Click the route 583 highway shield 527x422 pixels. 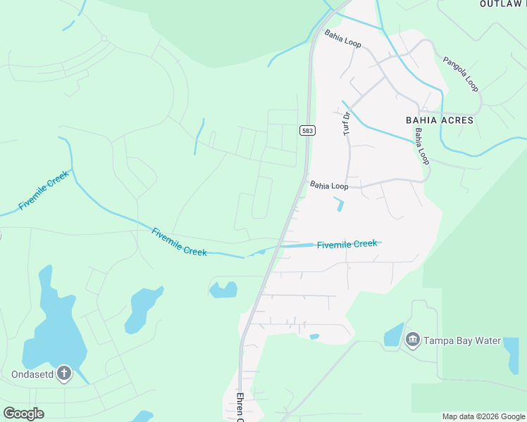pyautogui.click(x=307, y=131)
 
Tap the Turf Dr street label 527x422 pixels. pyautogui.click(x=346, y=124)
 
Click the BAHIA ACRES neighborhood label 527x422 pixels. pyautogui.click(x=440, y=120)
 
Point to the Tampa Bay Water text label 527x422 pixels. pyautogui.click(x=461, y=341)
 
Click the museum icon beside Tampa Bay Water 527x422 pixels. pyautogui.click(x=413, y=341)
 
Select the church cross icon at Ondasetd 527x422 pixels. pyautogui.click(x=64, y=373)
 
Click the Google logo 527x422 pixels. pyautogui.click(x=23, y=414)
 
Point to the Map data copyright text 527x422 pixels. pyautogui.click(x=483, y=416)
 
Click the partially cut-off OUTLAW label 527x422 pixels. pyautogui.click(x=502, y=4)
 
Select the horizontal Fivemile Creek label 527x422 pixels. pyautogui.click(x=347, y=244)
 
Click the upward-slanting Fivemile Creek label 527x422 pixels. pyautogui.click(x=44, y=190)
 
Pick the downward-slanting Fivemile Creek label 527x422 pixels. pyautogui.click(x=180, y=241)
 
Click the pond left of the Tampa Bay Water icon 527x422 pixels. pyautogui.click(x=393, y=335)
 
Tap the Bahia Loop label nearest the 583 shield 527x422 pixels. pyautogui.click(x=329, y=186)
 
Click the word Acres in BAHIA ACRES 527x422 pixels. pyautogui.click(x=457, y=120)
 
